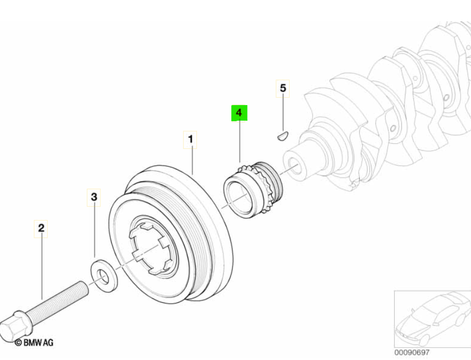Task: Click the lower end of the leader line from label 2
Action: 42,299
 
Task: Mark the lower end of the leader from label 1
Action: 192,175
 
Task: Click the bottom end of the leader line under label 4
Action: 240,162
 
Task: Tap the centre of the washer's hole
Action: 103,276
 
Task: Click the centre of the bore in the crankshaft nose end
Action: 294,166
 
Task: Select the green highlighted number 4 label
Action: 239,113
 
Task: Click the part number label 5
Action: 283,88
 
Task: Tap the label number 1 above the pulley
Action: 190,139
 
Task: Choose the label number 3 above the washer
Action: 94,197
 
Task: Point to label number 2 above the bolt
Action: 41,228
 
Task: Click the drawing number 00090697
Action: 412,353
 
